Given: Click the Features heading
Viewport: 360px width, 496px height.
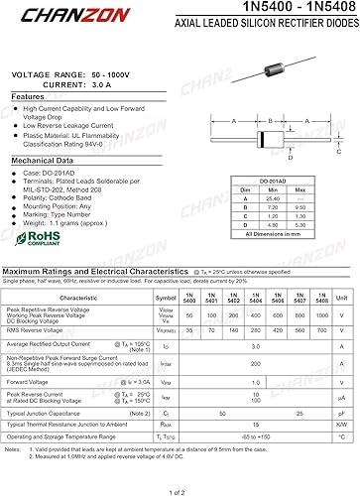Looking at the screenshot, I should coord(29,96).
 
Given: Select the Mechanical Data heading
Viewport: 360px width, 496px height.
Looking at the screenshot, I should coord(45,159).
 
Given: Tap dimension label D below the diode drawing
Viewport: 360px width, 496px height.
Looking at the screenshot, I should coord(290,158).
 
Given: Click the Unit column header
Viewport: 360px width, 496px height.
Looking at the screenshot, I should coord(341,297).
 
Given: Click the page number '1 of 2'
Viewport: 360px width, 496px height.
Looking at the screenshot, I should coord(179,490).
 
